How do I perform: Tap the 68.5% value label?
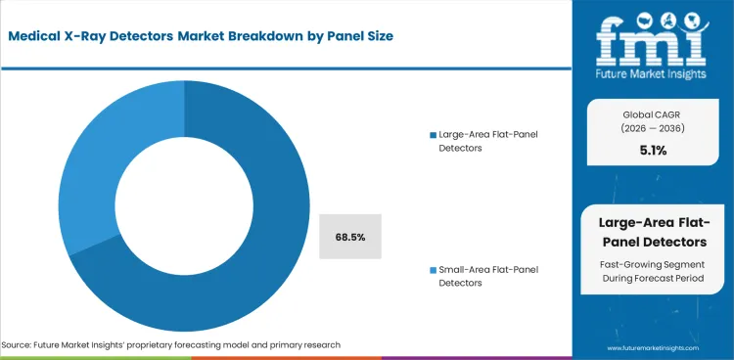pyautogui.click(x=348, y=238)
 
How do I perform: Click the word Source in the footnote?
pyautogui.click(x=19, y=345)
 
